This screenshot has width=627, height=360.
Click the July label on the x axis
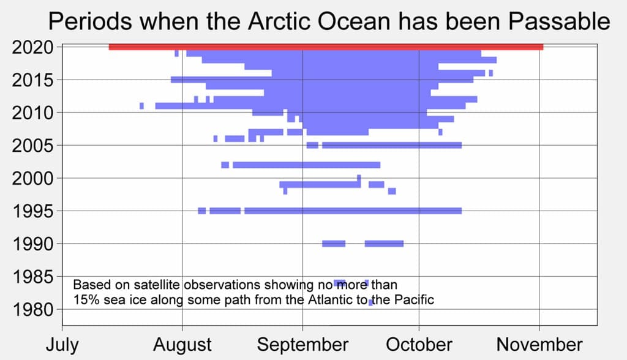point(62,344)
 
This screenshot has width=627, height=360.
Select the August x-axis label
point(182,344)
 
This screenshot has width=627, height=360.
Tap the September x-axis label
point(302,344)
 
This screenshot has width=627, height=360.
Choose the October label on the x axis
point(419,344)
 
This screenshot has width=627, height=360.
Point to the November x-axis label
point(539,344)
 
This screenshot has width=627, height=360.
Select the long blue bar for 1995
point(353,211)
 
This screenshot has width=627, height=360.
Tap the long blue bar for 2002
point(306,165)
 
